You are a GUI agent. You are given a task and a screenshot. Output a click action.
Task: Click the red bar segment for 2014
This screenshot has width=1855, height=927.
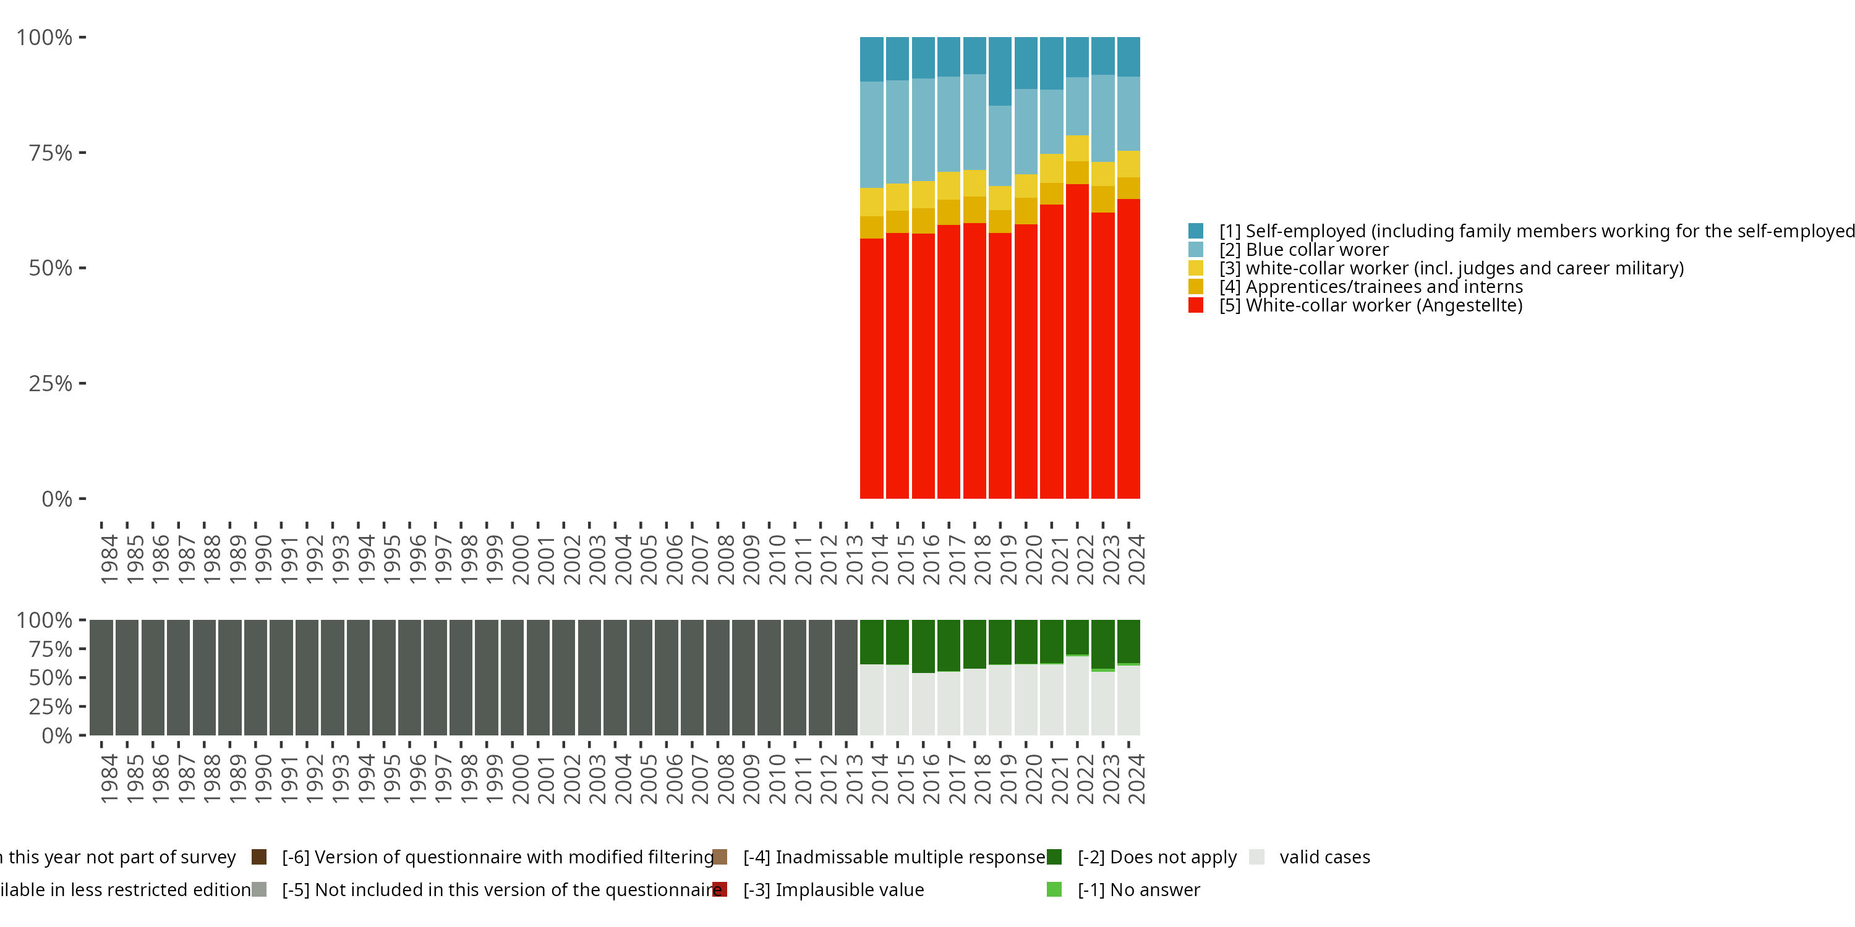(871, 368)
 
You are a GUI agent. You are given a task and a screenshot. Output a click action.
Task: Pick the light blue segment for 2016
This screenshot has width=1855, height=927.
(923, 130)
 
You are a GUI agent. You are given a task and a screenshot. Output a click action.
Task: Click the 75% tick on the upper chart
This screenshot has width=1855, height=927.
(51, 153)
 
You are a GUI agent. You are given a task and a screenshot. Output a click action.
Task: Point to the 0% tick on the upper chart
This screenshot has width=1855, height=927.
(57, 499)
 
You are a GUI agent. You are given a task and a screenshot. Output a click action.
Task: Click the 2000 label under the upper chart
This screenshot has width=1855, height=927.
(521, 560)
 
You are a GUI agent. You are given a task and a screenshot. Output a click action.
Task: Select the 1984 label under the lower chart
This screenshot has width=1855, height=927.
(109, 779)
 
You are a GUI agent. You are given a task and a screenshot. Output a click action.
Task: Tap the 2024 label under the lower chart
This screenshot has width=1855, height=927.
(1136, 779)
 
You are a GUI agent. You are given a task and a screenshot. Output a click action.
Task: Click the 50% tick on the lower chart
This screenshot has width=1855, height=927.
(51, 677)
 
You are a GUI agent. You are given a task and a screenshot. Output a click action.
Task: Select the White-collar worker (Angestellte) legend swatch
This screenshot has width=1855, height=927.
(1196, 305)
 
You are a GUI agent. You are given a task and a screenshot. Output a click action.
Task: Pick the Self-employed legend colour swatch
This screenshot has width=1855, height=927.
(1196, 231)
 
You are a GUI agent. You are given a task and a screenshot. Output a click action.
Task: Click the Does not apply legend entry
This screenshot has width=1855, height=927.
(1156, 857)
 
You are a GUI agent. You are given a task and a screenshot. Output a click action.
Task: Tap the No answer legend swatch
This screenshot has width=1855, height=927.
(1054, 889)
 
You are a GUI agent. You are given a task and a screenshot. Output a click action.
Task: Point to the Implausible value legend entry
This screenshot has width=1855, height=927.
(833, 889)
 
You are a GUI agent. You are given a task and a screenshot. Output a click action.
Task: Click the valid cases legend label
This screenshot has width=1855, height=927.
(1324, 857)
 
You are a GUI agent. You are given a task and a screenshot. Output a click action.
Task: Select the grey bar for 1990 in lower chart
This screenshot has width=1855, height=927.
(255, 677)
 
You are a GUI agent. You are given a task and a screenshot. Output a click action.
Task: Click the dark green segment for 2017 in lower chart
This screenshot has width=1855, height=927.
(949, 645)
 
